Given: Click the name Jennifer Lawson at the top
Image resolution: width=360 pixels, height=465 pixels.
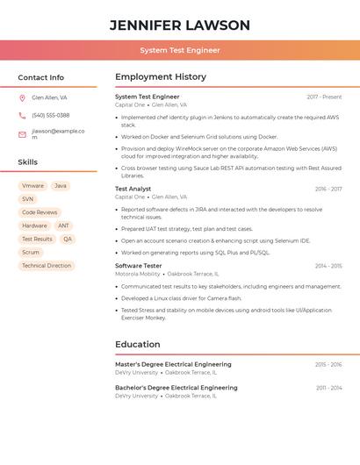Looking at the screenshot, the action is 179,25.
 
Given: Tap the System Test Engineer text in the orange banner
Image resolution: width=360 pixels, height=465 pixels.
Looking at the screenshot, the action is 179,50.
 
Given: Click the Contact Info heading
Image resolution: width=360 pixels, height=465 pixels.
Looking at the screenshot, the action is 41,77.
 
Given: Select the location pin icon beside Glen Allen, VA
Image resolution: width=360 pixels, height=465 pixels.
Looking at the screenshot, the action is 22,97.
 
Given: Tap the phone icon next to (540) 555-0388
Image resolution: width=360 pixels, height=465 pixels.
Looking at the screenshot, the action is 22,115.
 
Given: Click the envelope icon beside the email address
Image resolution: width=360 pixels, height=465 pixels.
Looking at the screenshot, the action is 22,134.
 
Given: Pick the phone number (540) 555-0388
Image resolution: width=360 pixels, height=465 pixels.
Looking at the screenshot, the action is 50,115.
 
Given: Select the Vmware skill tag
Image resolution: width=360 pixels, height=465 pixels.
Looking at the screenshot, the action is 32,186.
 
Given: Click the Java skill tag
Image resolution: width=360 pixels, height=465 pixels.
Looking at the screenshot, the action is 60,186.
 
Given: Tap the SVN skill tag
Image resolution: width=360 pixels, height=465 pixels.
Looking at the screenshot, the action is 28,199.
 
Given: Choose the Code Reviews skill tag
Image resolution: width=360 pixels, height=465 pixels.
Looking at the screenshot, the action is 40,212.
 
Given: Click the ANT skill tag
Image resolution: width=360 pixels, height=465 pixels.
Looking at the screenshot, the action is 63,225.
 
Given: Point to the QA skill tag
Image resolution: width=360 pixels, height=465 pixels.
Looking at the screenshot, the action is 68,239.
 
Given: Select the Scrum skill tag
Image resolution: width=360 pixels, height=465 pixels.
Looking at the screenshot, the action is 31,252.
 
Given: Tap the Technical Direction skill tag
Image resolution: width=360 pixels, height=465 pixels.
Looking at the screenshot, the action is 47,265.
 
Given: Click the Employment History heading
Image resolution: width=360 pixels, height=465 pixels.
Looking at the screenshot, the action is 161,77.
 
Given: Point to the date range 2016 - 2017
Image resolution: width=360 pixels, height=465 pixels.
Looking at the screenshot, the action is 328,189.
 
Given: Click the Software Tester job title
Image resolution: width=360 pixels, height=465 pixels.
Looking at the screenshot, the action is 139,265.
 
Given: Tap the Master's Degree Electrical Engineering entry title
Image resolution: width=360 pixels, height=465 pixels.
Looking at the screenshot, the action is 173,364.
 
